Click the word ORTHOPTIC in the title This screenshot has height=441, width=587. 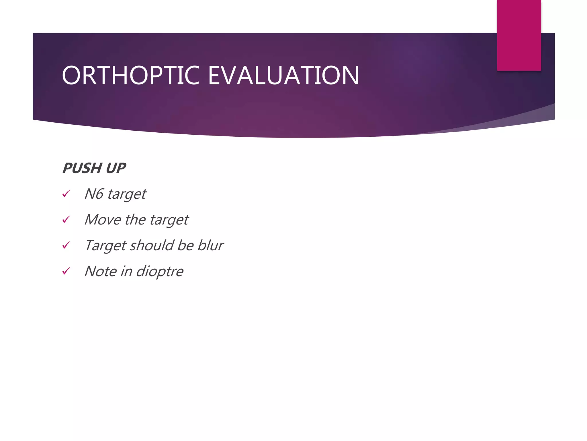pyautogui.click(x=131, y=75)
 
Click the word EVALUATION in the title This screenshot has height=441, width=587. pyautogui.click(x=283, y=75)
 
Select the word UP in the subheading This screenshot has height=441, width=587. pyautogui.click(x=116, y=168)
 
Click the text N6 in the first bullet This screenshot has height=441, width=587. pyautogui.click(x=94, y=194)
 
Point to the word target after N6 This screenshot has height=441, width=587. pyautogui.click(x=127, y=195)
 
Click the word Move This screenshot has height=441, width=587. pyautogui.click(x=103, y=220)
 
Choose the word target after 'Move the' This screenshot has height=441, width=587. pyautogui.click(x=169, y=220)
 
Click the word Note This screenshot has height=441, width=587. pyautogui.click(x=100, y=271)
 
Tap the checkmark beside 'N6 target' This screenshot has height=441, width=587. pyautogui.click(x=66, y=194)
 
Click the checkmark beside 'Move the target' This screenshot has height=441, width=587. pyautogui.click(x=66, y=220)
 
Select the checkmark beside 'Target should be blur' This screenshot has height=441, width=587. pyautogui.click(x=66, y=245)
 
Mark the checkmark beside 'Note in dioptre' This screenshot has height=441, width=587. pyautogui.click(x=66, y=271)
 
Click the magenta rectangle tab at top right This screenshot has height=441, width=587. pyautogui.click(x=519, y=35)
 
